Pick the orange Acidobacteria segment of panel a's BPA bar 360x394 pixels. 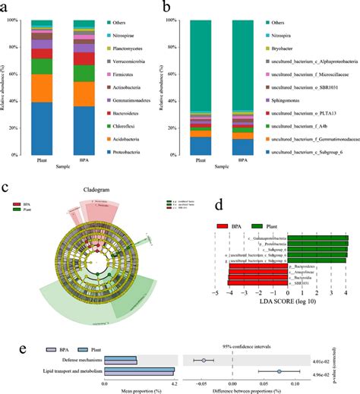click(x=85, y=93)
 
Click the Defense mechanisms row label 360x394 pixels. click(x=78, y=359)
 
